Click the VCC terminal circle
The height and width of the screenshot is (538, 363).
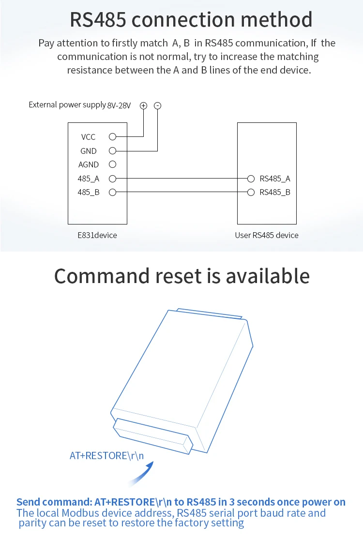pyautogui.click(x=113, y=137)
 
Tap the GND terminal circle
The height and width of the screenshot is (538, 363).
pyautogui.click(x=113, y=150)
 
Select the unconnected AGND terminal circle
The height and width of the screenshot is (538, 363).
pyautogui.click(x=113, y=164)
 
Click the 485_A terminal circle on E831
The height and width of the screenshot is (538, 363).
pyautogui.click(x=113, y=179)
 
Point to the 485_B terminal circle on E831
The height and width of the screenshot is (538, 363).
pyautogui.click(x=113, y=192)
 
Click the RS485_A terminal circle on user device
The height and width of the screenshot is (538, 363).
pyautogui.click(x=251, y=179)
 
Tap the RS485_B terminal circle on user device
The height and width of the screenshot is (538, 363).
pyautogui.click(x=251, y=192)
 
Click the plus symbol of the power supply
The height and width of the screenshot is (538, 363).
pyautogui.click(x=143, y=105)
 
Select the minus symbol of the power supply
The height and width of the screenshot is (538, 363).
pyautogui.click(x=157, y=105)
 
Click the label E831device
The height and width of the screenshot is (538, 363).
pyautogui.click(x=97, y=235)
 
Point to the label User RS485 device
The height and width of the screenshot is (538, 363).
pyautogui.click(x=267, y=235)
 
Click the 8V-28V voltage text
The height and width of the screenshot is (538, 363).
pyautogui.click(x=119, y=105)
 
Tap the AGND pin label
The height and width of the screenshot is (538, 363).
pyautogui.click(x=89, y=164)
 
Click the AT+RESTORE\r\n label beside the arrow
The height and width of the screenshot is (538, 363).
pyautogui.click(x=106, y=456)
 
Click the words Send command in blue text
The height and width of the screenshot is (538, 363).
pyautogui.click(x=54, y=502)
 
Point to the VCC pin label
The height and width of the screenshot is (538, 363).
pyautogui.click(x=88, y=137)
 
